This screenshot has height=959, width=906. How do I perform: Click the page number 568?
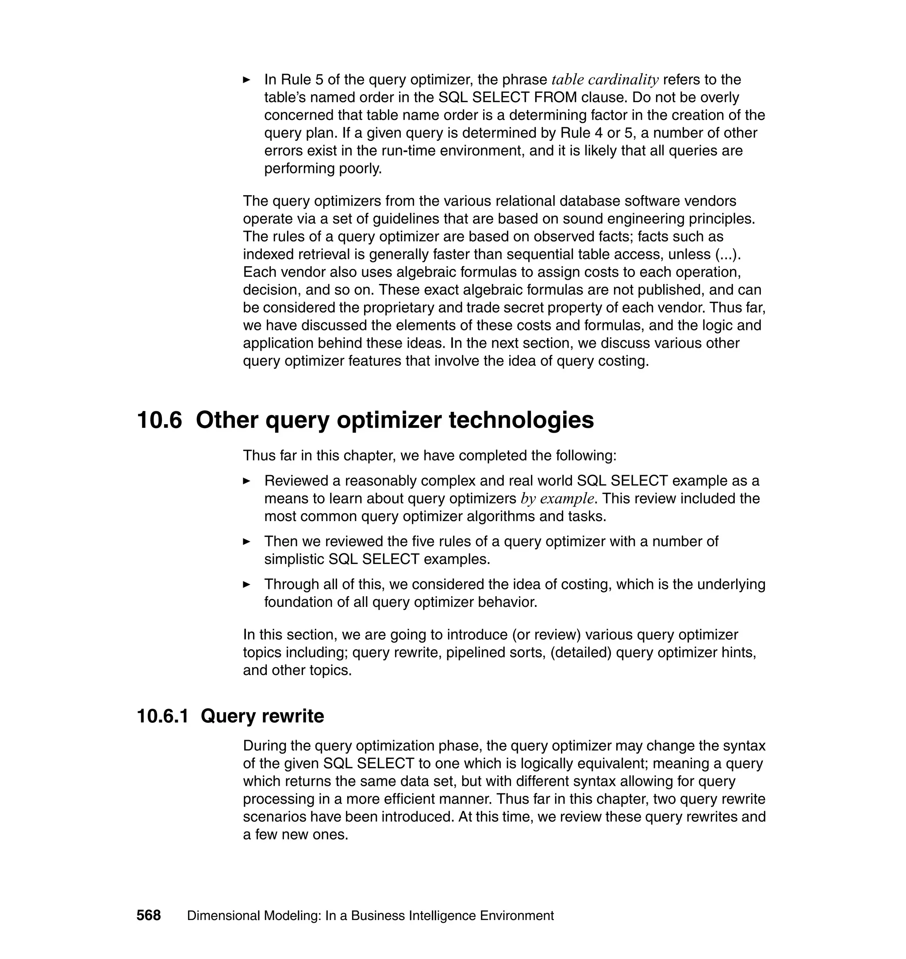point(148,916)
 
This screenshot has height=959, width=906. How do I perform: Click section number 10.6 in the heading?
point(159,420)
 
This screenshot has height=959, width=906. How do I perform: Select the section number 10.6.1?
point(163,716)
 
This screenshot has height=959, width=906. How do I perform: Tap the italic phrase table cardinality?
point(605,80)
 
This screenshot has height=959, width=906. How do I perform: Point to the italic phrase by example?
point(557,499)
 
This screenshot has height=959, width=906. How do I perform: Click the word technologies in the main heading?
point(521,420)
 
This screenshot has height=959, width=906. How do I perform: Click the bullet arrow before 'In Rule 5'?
point(246,80)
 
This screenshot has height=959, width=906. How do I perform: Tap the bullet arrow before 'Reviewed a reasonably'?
point(246,481)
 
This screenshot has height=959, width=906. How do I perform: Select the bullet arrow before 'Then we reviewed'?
point(246,541)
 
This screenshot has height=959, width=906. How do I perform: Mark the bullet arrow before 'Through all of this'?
point(246,584)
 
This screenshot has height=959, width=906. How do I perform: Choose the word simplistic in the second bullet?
point(294,559)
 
